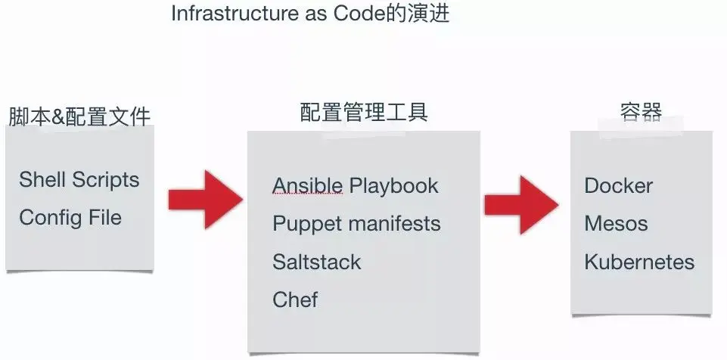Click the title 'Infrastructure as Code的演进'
[x=310, y=14]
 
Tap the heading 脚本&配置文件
[x=79, y=116]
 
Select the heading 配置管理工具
[x=364, y=113]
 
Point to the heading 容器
[x=640, y=113]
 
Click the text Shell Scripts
[x=79, y=180]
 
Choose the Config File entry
[x=70, y=218]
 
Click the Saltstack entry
[x=317, y=262]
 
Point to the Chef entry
[x=295, y=300]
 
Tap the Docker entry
[x=618, y=186]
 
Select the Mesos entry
[x=616, y=225]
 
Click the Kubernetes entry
[x=639, y=262]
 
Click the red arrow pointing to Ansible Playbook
[x=206, y=199]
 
